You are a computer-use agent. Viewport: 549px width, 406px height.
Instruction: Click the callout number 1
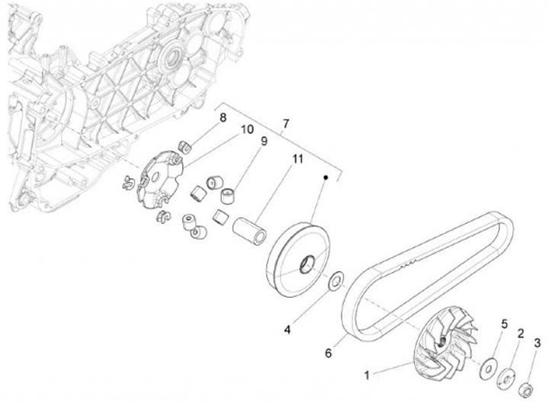pyautogui.click(x=367, y=375)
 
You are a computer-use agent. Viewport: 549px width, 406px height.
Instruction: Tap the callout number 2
pyautogui.click(x=521, y=333)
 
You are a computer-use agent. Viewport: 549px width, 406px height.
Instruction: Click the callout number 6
pyautogui.click(x=329, y=353)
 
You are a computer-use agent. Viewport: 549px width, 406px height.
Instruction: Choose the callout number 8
pyautogui.click(x=223, y=117)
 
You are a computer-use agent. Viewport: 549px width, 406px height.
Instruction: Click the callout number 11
pyautogui.click(x=297, y=158)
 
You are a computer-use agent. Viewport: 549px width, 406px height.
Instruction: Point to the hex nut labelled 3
pyautogui.click(x=526, y=392)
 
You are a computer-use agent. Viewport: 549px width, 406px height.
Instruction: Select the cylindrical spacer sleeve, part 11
pyautogui.click(x=249, y=229)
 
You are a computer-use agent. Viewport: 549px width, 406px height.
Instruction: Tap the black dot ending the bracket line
pyautogui.click(x=326, y=177)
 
